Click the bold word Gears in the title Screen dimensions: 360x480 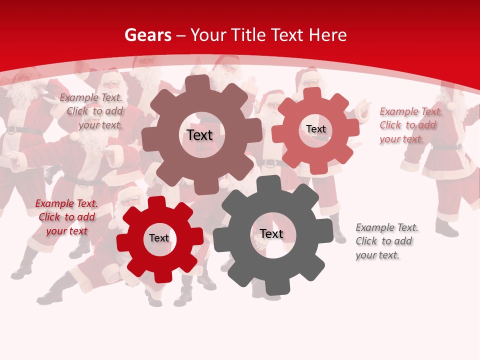pos(148,35)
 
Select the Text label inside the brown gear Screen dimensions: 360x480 pos(199,135)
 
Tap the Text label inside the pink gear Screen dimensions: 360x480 pos(316,129)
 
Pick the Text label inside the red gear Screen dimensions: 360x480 pos(159,238)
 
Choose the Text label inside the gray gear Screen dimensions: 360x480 pos(271,233)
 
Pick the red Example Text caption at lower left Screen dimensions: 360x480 pos(66,217)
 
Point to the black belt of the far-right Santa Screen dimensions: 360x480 pos(447,147)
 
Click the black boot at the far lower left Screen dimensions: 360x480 pos(21,272)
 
